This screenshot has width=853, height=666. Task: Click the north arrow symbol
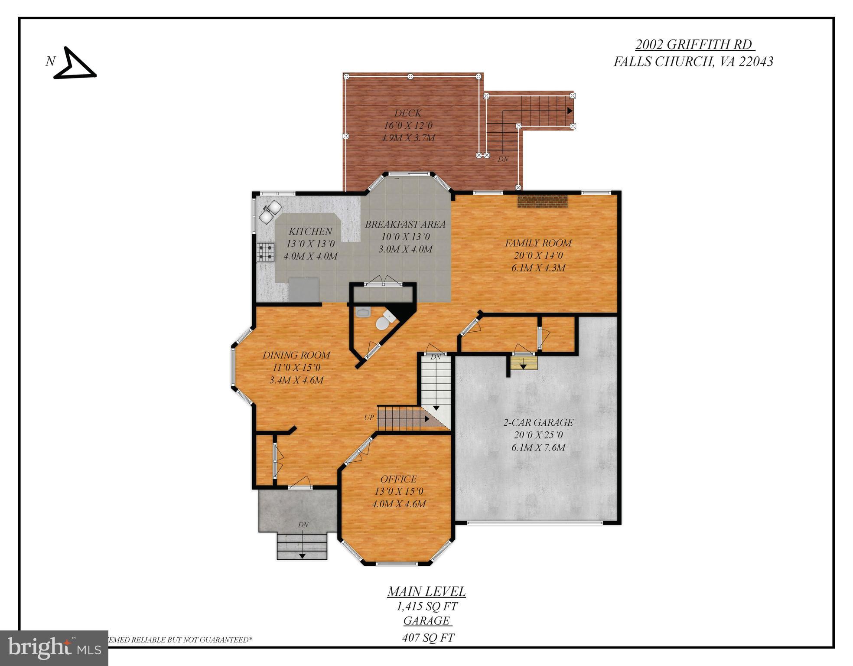(x=74, y=64)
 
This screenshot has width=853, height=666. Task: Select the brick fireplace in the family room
(x=542, y=202)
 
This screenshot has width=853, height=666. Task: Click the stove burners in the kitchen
(x=266, y=252)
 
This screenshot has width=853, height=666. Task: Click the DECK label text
(x=407, y=113)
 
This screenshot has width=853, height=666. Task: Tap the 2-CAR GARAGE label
(x=538, y=422)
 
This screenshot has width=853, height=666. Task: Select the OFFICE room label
(x=398, y=479)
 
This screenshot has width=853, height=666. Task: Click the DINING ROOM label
(x=296, y=355)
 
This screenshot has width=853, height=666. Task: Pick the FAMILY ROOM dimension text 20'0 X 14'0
(x=538, y=256)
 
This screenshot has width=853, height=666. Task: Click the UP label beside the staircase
(x=369, y=418)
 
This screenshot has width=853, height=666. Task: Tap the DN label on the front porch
(x=303, y=525)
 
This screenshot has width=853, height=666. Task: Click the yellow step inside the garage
(x=524, y=363)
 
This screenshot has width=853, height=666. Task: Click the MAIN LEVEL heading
(x=426, y=591)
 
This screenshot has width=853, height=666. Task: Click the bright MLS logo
(x=54, y=648)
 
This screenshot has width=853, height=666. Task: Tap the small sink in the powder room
(x=362, y=312)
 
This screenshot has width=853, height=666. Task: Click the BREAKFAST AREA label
(x=405, y=225)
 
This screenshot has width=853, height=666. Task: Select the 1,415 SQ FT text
(x=426, y=606)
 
